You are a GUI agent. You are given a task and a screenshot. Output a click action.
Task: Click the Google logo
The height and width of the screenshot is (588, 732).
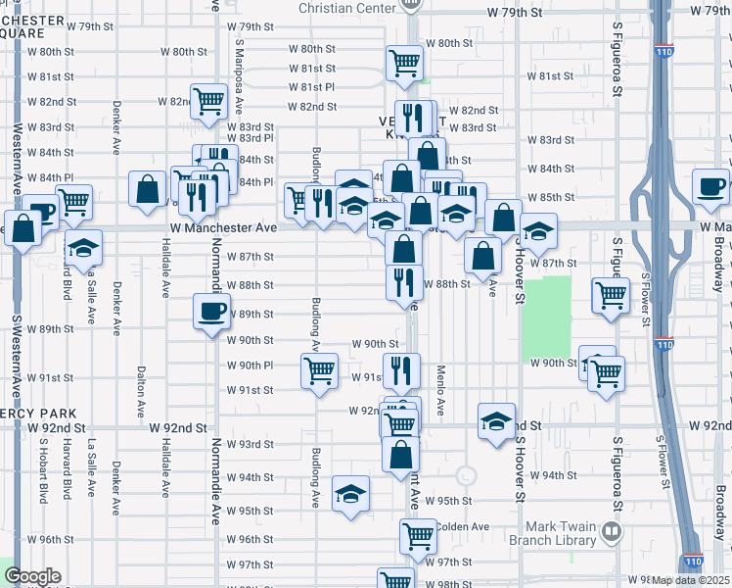32,576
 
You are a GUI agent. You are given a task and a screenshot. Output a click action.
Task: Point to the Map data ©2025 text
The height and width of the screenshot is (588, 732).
691,580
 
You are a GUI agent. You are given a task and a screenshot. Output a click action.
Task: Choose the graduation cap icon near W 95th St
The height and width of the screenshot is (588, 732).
350,495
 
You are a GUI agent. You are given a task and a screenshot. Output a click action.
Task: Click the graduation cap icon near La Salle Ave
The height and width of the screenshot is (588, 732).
84,249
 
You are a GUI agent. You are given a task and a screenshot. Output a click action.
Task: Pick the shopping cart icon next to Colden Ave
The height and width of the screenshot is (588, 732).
418,537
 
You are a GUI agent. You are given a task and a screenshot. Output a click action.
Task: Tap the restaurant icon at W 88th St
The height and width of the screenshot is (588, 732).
404,282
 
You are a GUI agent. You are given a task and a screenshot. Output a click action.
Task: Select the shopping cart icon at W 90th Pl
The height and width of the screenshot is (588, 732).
320,371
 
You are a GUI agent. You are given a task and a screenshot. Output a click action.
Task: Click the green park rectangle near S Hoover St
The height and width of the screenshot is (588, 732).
545,318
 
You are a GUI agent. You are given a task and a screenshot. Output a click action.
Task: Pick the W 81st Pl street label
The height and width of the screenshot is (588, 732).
312,87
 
